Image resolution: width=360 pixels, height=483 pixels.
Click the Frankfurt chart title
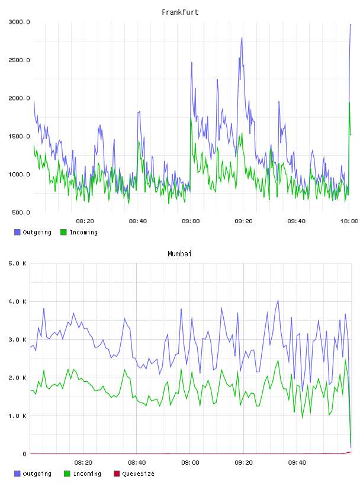[x=180, y=12]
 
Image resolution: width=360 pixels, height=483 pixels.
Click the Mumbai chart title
[x=179, y=254]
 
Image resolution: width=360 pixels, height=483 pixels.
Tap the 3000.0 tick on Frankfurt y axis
[x=19, y=22]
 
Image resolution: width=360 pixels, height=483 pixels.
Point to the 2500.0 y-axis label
[x=19, y=60]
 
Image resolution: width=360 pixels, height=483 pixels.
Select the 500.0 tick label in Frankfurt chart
[x=21, y=212]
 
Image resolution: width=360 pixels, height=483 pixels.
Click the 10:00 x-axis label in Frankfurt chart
[x=349, y=221]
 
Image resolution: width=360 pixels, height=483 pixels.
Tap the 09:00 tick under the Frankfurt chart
[x=191, y=221]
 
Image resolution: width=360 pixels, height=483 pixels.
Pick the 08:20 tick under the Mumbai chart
[x=83, y=463]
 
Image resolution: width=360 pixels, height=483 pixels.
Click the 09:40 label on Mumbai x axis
[x=297, y=463]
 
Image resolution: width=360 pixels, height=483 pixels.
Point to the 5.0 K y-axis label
[x=18, y=263]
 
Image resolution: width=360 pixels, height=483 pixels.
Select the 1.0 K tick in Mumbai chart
[x=18, y=416]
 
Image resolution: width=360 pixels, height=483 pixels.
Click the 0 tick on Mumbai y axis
[x=24, y=454]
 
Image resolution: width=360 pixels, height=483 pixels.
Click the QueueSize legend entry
[x=134, y=474]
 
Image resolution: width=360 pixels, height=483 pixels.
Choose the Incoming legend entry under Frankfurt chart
[x=79, y=232]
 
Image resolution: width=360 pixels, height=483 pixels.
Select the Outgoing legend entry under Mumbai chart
[x=33, y=474]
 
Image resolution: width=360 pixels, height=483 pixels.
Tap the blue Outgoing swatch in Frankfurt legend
[x=17, y=232]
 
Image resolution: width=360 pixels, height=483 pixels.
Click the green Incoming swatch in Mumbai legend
[x=67, y=474]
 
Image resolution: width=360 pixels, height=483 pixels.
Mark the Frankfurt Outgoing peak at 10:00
[x=351, y=25]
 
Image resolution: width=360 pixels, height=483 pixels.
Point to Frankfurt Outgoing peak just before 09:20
[x=242, y=38]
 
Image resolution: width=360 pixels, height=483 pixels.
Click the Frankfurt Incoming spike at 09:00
[x=191, y=118]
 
